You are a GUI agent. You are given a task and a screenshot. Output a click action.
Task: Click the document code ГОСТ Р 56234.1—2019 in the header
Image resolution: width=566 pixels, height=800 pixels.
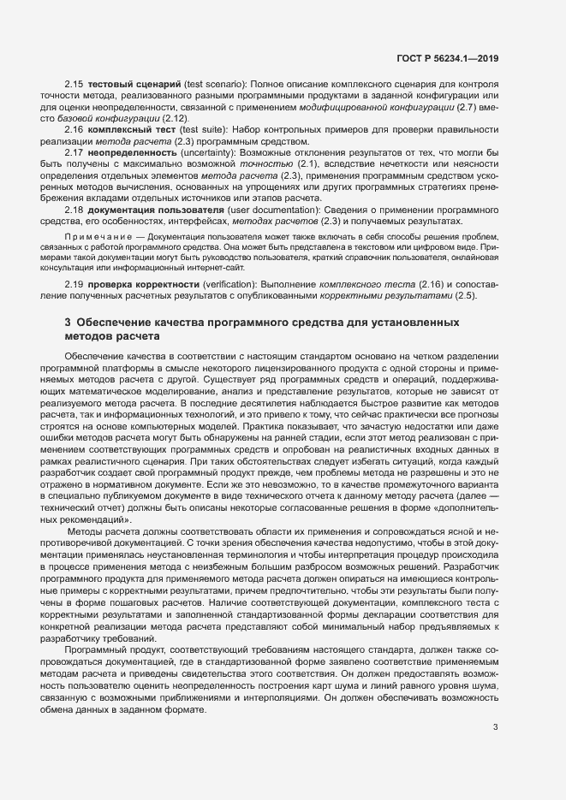447,57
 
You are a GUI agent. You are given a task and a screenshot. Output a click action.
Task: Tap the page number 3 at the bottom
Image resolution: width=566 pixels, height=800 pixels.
495,727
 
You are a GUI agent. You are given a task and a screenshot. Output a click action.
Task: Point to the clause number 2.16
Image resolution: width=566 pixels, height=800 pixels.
75,129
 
